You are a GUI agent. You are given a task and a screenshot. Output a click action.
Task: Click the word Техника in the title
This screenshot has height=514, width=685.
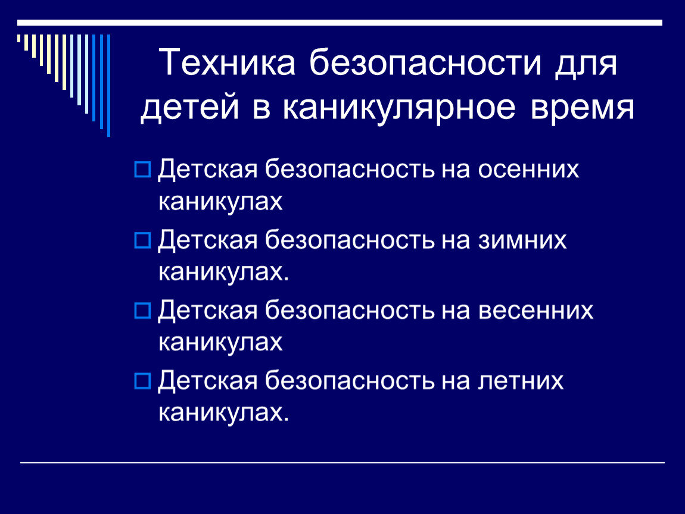[x=229, y=64]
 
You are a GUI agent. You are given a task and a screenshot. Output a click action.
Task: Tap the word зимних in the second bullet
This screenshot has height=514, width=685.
[x=523, y=240]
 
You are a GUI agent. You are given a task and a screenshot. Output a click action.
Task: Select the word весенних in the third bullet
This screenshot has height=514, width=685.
[x=536, y=311]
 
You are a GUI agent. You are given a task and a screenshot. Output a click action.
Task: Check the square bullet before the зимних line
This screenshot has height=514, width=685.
[x=143, y=241]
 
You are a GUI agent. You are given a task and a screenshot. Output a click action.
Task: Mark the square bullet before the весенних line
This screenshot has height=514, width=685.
[x=143, y=311]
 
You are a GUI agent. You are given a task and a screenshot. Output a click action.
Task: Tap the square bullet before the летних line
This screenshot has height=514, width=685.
[x=143, y=381]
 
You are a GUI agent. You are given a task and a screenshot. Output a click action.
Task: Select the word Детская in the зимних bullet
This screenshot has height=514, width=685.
[x=207, y=241]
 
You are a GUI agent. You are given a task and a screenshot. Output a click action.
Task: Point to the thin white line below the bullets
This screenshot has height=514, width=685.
[x=342, y=462]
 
